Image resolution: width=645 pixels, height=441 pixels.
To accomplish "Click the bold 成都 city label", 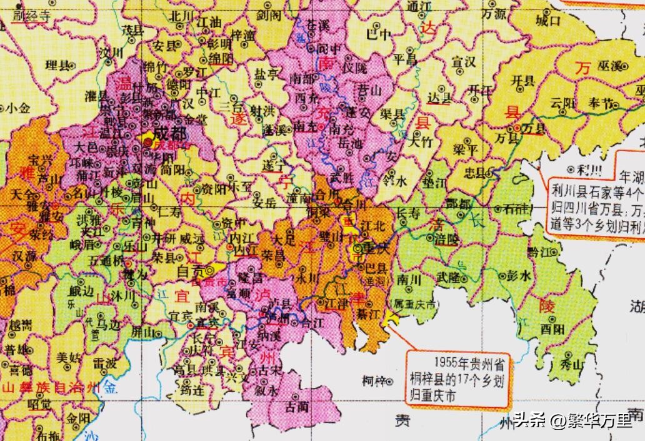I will pos(164,133).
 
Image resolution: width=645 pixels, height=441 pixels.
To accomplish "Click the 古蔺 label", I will pos(296,406).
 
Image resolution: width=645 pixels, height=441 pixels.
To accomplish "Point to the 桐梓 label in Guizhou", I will pos(374,380).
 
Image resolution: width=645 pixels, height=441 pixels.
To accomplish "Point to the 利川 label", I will pos(586,170).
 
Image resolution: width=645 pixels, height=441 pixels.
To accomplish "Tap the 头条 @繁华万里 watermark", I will pos(573,420).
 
